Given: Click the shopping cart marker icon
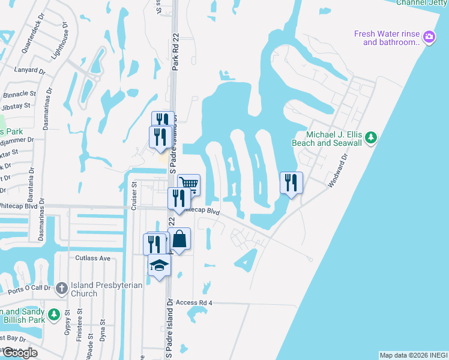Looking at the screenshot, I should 188,184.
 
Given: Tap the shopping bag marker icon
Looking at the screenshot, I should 179,239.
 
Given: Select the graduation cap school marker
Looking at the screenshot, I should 159,265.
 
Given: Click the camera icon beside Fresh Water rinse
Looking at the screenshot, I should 429,37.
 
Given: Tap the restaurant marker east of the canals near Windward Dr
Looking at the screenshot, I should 291,182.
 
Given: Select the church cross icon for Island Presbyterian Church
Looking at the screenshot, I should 61,289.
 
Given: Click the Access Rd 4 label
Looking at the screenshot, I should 194,303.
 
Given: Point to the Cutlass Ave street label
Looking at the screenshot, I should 93,258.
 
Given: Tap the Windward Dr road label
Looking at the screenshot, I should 338,172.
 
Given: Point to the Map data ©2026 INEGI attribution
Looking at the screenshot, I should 413,355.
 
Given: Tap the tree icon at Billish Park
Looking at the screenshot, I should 53,314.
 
